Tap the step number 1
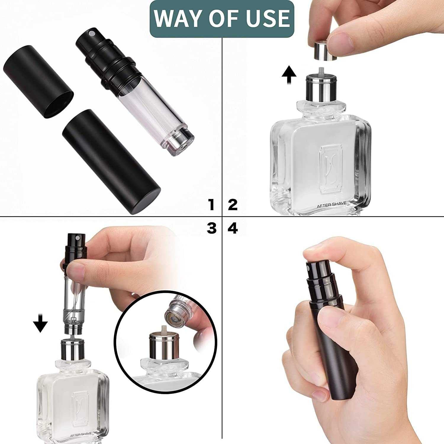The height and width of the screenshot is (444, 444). pos(211,205)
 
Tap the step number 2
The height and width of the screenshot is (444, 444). pos(233,205)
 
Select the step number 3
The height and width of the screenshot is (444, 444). pos(212,228)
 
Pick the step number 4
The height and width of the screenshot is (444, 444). pos(233,228)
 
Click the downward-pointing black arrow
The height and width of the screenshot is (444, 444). pos(40,323)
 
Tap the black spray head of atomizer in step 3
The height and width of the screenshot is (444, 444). pos(75,243)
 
